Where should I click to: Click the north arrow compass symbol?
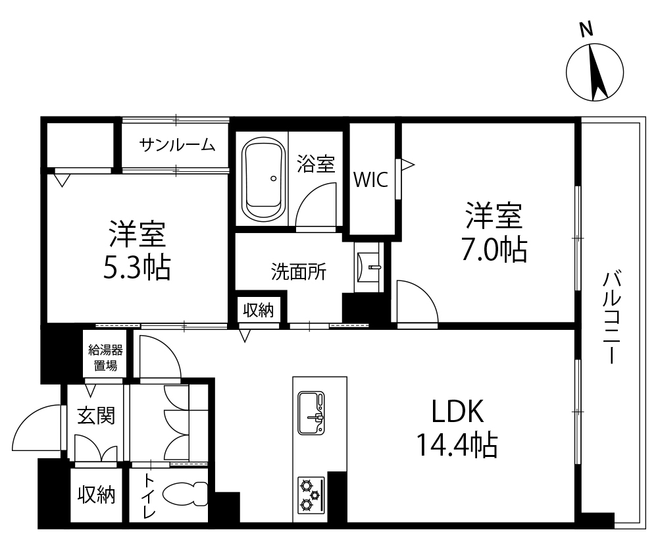(x=595, y=72)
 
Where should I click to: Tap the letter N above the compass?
(x=586, y=30)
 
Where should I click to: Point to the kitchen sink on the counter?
(x=311, y=412)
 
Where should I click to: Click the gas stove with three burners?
(x=311, y=495)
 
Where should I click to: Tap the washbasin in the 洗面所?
(x=368, y=267)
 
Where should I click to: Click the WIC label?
(x=371, y=180)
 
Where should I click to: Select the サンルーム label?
(x=176, y=145)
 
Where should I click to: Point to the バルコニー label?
(x=611, y=317)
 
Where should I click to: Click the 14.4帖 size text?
(x=457, y=445)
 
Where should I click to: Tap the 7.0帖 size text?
(x=494, y=250)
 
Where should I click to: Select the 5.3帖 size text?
(x=137, y=267)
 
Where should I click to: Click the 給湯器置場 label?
(x=105, y=358)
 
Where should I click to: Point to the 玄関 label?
(x=96, y=416)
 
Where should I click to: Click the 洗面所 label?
(x=298, y=272)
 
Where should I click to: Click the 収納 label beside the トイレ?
(x=96, y=494)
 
